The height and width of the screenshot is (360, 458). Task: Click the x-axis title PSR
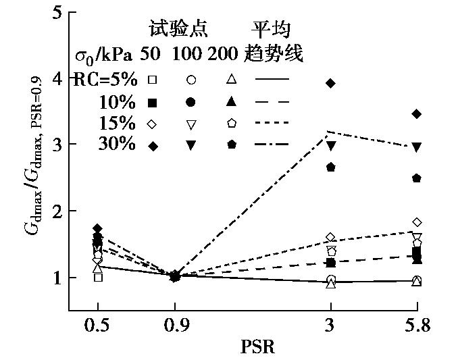(257, 347)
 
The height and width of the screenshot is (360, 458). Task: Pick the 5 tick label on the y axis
(57, 13)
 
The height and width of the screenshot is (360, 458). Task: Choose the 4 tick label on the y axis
(57, 78)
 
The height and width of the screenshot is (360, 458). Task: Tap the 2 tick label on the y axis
(57, 211)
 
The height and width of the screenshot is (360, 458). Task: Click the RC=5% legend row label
(105, 80)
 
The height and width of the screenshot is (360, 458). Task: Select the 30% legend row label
(118, 145)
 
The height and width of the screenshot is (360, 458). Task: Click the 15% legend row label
(118, 124)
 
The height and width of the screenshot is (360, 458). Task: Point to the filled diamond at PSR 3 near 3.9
(330, 83)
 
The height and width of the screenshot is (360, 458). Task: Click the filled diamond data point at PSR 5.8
(417, 113)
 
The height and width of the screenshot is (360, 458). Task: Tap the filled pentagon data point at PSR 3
(330, 167)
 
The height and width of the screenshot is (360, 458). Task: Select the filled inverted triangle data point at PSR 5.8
(417, 147)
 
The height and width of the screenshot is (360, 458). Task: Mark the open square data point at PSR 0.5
(99, 277)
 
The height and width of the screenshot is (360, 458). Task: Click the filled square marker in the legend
(153, 102)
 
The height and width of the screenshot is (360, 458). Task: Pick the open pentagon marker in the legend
(231, 123)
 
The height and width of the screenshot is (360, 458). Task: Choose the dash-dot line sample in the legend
(272, 145)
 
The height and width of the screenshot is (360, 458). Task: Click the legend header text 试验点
(178, 30)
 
